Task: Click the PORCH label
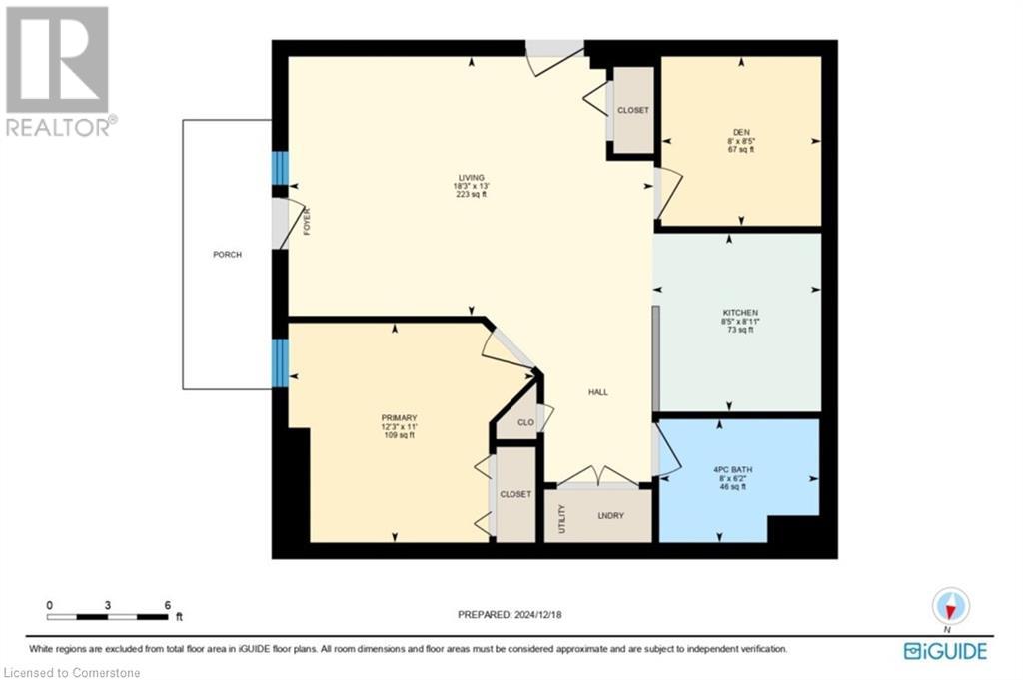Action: point(227,255)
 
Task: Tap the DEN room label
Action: point(741,132)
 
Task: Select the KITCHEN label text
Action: point(740,313)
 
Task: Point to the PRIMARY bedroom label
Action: point(399,418)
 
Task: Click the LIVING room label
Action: point(472,178)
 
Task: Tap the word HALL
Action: point(598,392)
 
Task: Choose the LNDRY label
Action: point(610,515)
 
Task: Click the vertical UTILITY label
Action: point(562,519)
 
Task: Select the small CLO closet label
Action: point(525,422)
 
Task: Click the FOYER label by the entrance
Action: point(307,221)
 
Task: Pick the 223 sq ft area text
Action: point(472,195)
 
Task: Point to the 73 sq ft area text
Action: point(740,330)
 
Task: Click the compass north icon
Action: point(951,607)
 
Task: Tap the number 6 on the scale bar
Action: point(168,606)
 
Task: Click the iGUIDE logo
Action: point(945,651)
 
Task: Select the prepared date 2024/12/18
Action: point(538,614)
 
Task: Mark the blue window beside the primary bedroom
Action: point(280,363)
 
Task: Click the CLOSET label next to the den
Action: point(633,110)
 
